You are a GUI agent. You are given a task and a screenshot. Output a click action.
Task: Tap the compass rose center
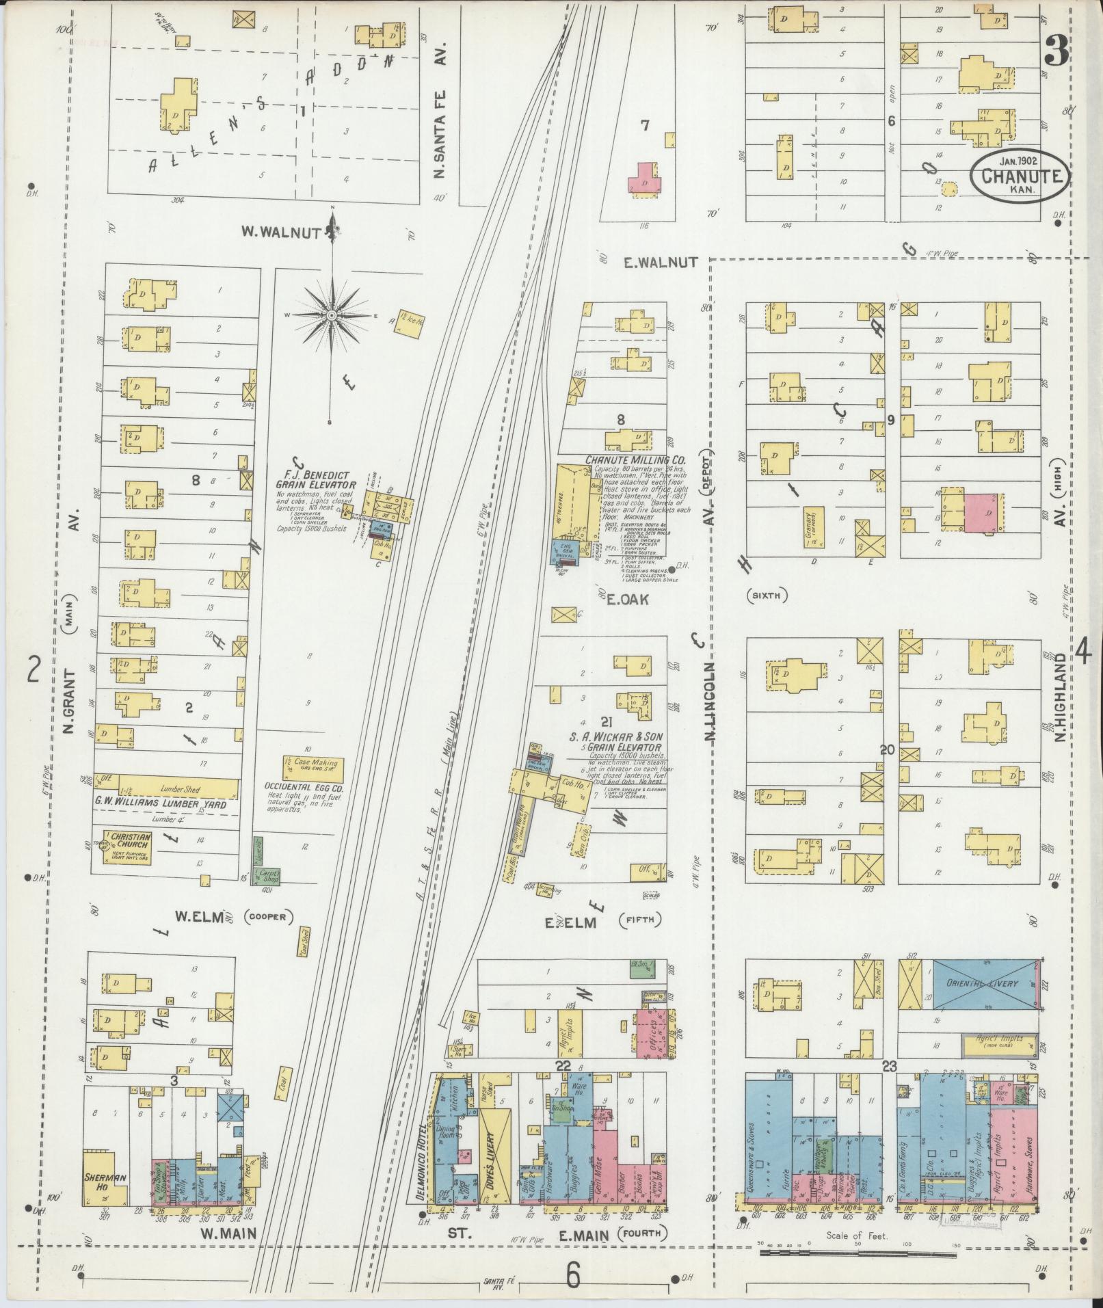point(332,315)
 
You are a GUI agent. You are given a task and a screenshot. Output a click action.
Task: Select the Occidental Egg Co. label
point(302,788)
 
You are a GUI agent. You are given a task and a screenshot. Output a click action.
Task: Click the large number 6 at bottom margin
point(572,1275)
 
